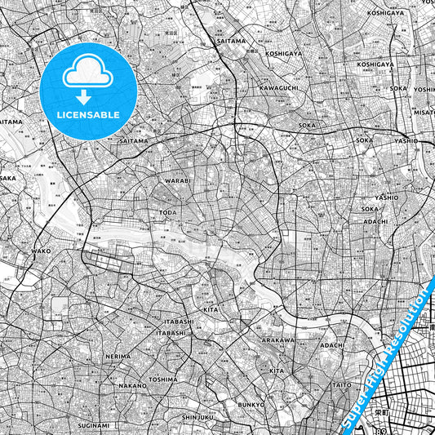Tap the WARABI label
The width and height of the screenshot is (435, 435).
tap(177, 180)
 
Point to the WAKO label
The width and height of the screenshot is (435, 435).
tap(41, 251)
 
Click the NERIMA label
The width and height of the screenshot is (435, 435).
tap(118, 357)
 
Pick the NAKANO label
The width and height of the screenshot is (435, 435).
tap(131, 384)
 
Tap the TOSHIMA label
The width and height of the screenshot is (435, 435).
tap(163, 379)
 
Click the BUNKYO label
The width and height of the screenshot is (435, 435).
tap(251, 404)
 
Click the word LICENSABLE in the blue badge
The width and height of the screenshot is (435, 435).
tap(87, 115)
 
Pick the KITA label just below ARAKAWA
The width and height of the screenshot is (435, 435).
tap(277, 371)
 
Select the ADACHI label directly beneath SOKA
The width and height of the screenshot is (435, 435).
tap(375, 221)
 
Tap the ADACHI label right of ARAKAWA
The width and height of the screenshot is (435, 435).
tap(333, 345)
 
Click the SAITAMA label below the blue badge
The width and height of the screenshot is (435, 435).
tap(135, 140)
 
